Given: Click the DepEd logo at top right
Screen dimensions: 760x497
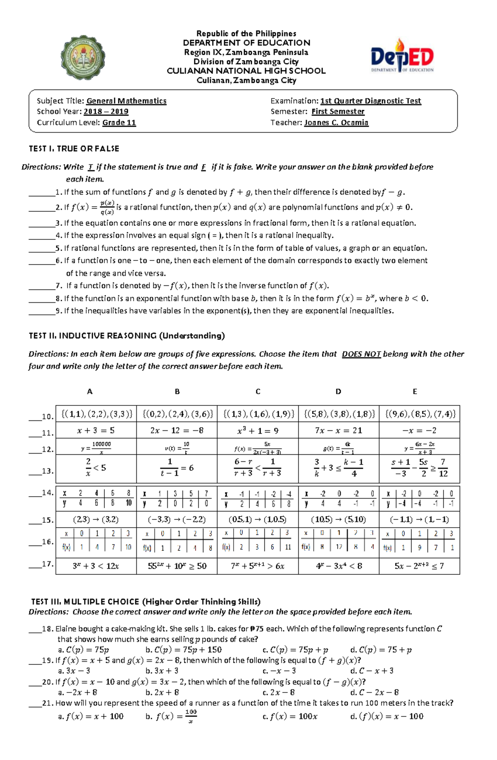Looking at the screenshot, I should [402, 57].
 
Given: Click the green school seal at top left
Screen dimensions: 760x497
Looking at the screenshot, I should [83, 58].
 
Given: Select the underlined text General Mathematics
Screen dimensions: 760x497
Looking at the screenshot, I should [126, 101].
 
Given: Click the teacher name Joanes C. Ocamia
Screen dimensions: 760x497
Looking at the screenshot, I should [336, 123].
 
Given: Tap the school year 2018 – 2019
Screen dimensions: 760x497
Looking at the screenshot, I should [106, 112].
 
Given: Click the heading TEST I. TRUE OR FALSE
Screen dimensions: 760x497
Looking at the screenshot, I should [74, 149].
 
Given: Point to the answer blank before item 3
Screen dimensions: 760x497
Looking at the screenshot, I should [41, 224].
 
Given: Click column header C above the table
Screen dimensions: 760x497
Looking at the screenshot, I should [258, 391].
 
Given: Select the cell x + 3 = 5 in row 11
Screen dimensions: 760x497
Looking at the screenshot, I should [96, 431].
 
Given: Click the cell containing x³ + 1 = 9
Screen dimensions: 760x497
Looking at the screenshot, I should [258, 431].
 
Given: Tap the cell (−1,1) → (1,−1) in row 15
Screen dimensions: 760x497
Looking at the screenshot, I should [419, 519].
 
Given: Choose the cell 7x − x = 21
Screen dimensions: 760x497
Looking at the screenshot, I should [338, 431].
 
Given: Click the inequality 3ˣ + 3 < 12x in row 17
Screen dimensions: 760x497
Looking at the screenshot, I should [96, 566].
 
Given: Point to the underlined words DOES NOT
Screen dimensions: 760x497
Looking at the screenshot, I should [361, 354].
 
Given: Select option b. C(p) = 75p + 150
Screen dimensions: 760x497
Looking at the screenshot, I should [183, 650].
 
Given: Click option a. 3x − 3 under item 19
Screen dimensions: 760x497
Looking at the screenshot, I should [74, 671].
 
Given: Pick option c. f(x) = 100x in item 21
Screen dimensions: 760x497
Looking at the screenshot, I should [290, 716].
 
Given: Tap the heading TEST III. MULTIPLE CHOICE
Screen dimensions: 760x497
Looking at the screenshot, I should [146, 601].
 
